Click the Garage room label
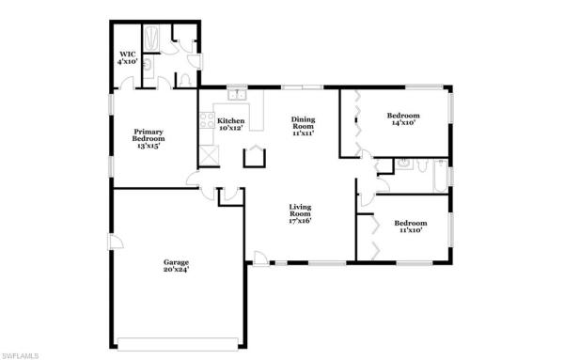(x=176, y=266)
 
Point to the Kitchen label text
(x=230, y=124)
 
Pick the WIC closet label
(x=127, y=57)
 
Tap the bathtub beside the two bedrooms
(x=435, y=175)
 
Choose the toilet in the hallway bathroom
(x=384, y=170)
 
